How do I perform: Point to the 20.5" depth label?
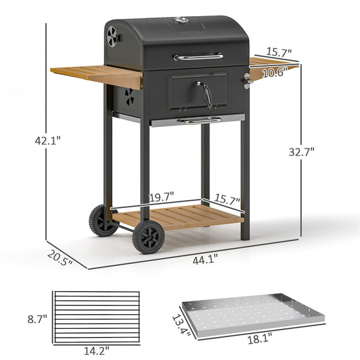59,257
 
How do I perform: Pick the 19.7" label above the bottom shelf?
161,196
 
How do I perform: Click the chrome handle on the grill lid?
198,57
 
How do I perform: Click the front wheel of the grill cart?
148,237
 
